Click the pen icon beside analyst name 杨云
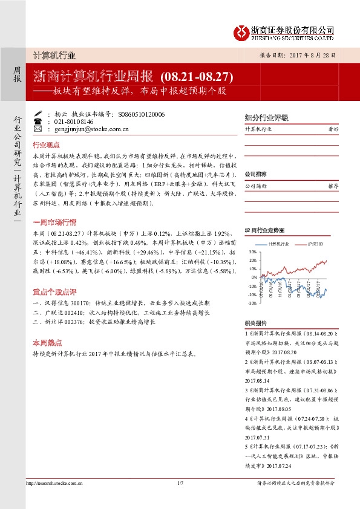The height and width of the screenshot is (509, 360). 38,113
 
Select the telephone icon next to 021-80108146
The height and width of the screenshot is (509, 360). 38,121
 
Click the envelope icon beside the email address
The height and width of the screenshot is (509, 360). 38,129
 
